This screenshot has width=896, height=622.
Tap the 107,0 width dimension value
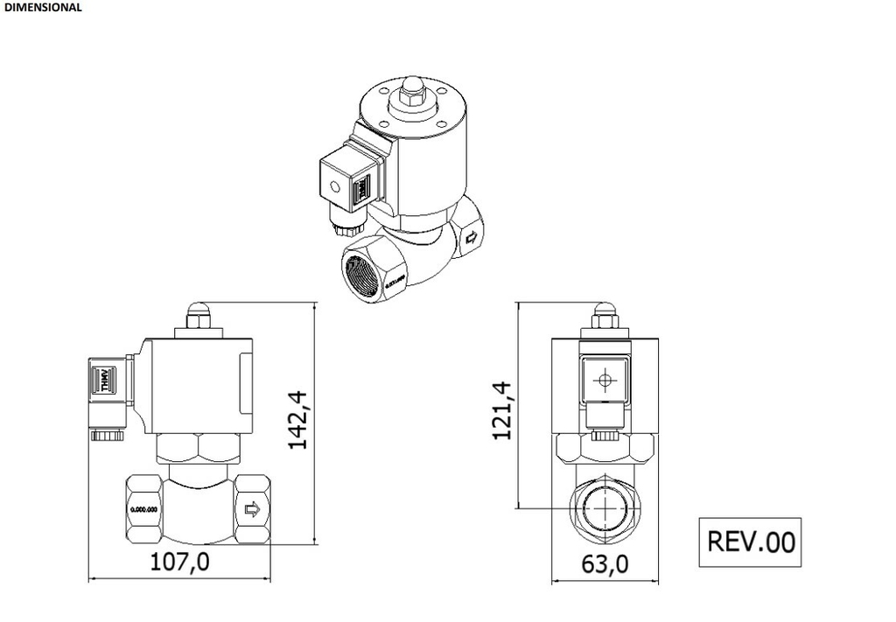(179, 562)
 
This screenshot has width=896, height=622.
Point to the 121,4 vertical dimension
(501, 410)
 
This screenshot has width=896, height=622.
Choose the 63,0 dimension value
(605, 564)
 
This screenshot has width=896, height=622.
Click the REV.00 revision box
(751, 542)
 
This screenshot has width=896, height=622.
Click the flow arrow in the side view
(251, 509)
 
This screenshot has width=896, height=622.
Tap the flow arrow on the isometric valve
(472, 237)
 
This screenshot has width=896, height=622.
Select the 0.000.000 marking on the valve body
(143, 509)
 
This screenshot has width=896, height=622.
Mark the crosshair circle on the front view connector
(602, 381)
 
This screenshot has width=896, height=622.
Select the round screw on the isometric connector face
(333, 185)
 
